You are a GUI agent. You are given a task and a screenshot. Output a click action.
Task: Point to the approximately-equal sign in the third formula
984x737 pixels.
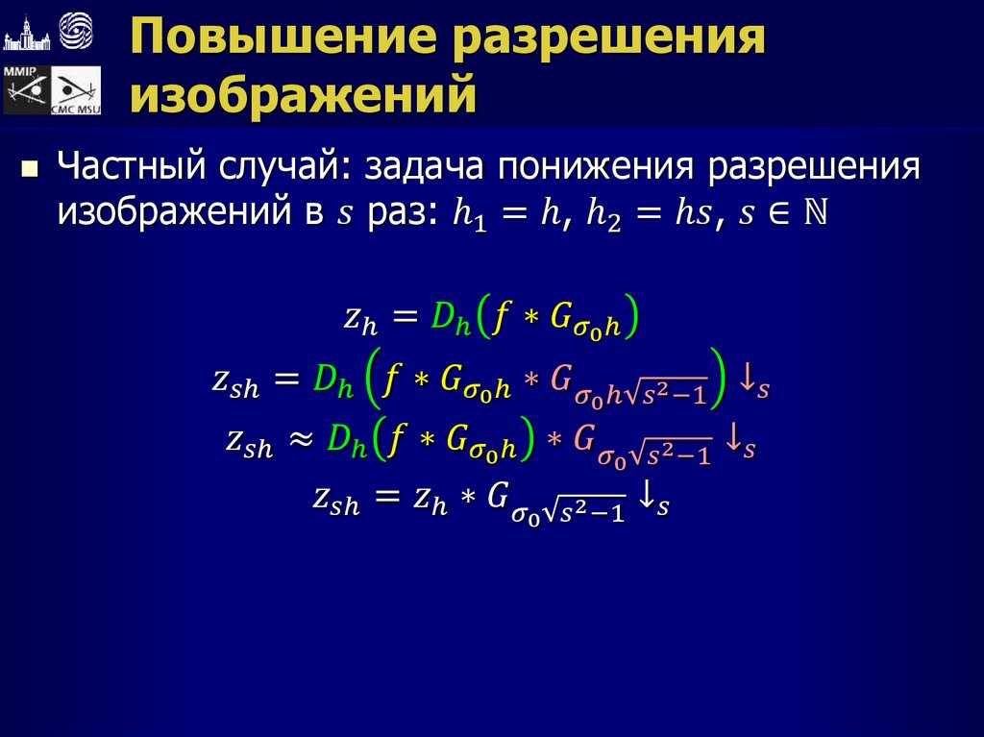[300, 439]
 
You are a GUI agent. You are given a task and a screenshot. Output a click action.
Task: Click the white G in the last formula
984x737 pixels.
[497, 498]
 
